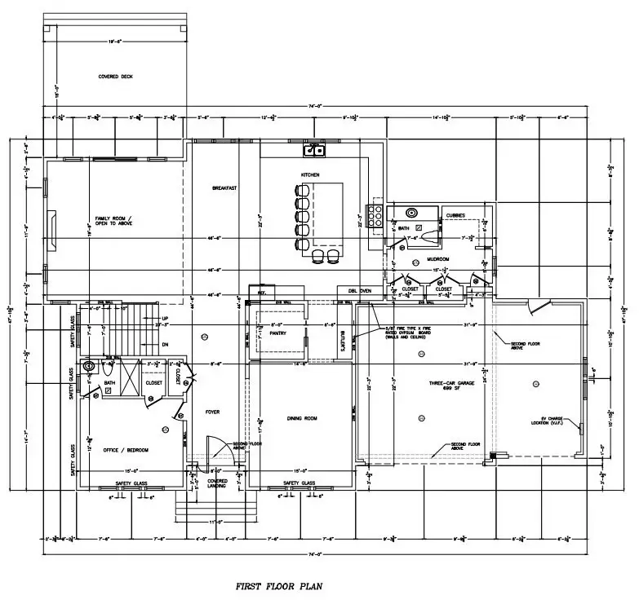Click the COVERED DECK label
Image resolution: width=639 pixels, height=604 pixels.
click(x=115, y=76)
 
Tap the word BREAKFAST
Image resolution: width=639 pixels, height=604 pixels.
click(x=224, y=188)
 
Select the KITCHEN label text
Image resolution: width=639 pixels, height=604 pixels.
click(x=310, y=175)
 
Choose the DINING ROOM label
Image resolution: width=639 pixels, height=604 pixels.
click(x=302, y=419)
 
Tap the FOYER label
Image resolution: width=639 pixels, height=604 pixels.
click(x=213, y=412)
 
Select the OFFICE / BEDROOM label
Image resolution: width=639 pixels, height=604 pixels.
click(x=126, y=449)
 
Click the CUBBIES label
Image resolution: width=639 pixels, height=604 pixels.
click(x=455, y=215)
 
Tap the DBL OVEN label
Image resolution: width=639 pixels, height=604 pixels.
click(x=360, y=290)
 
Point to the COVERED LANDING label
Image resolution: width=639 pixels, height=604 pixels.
click(x=217, y=483)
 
